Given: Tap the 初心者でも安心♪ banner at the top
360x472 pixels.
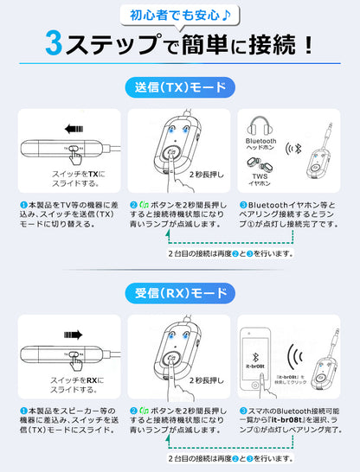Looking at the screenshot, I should coord(180,13).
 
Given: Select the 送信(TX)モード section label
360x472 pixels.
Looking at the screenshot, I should coord(180,87).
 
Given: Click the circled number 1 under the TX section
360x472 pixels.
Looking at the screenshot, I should coord(23,205).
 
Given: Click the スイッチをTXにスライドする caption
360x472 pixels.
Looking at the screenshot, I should coord(78,179).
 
